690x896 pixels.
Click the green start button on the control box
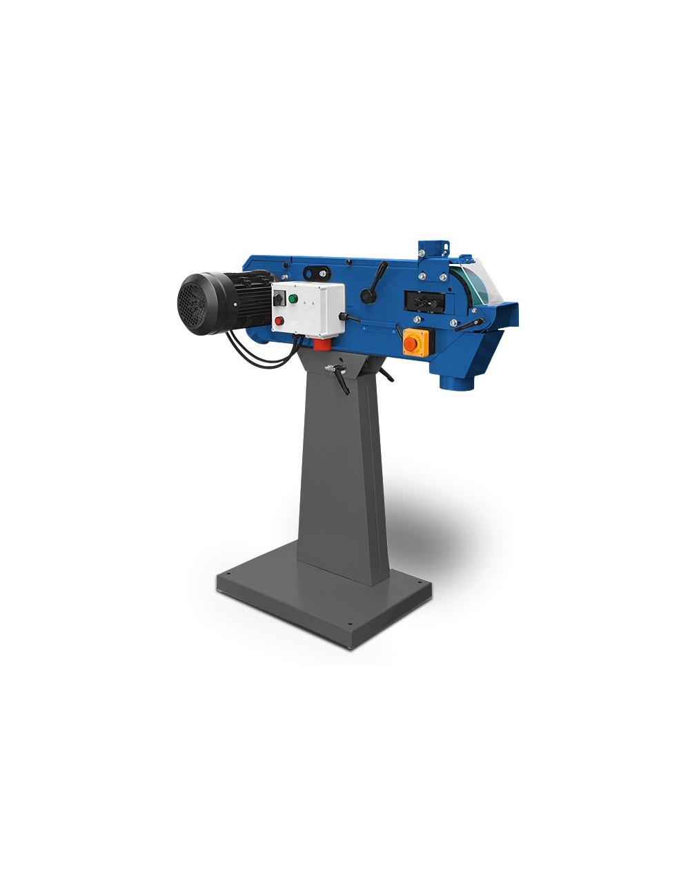pyautogui.click(x=293, y=299)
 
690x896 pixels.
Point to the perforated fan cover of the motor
pyautogui.click(x=193, y=303)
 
